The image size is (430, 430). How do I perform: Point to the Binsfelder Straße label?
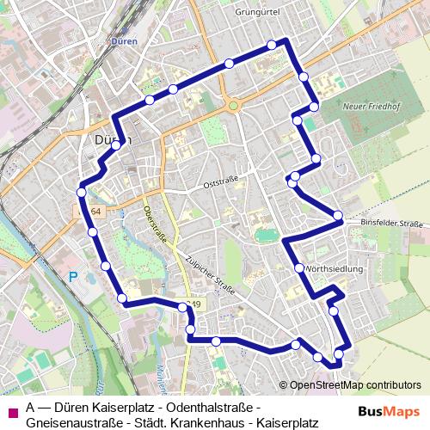click(x=392, y=224)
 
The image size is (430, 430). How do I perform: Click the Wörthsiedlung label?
click(x=335, y=268)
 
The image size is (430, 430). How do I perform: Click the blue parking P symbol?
click(x=73, y=277)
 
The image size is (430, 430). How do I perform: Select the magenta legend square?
click(x=11, y=410)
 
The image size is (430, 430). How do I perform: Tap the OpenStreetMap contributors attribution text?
click(x=354, y=384)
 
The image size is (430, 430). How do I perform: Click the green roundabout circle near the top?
click(x=232, y=107)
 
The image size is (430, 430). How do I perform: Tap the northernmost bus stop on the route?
click(x=272, y=45)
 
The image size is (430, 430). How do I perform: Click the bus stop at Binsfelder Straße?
click(x=338, y=215)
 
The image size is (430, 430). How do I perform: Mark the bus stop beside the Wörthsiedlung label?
click(x=299, y=268)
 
